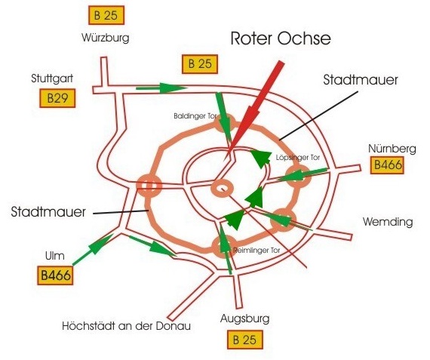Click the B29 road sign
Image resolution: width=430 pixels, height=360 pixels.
pyautogui.click(x=57, y=98)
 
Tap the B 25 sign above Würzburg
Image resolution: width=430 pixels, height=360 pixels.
pyautogui.click(x=106, y=15)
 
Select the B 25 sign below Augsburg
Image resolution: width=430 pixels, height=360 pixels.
pyautogui.click(x=245, y=340)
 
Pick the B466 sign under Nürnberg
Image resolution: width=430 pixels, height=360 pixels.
pyautogui.click(x=387, y=165)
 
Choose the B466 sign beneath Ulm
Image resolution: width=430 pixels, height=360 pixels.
pyautogui.click(x=55, y=275)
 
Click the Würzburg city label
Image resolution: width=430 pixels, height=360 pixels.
pyautogui.click(x=106, y=38)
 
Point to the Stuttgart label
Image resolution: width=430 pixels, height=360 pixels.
pyautogui.click(x=52, y=78)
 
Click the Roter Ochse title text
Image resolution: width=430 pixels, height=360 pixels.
pyautogui.click(x=281, y=38)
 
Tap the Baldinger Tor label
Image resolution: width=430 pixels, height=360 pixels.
pyautogui.click(x=195, y=116)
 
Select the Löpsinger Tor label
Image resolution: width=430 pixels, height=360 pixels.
pyautogui.click(x=298, y=158)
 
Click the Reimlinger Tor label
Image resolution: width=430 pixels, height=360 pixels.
pyautogui.click(x=256, y=251)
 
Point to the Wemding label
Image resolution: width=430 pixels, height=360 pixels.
pyautogui.click(x=388, y=222)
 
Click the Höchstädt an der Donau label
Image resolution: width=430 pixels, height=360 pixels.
pyautogui.click(x=127, y=326)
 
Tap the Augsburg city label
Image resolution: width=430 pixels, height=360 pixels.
pyautogui.click(x=245, y=318)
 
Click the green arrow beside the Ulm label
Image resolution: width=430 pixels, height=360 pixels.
pyautogui.click(x=94, y=249)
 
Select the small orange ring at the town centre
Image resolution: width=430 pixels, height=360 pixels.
pyautogui.click(x=222, y=189)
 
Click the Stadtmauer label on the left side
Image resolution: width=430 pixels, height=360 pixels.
pyautogui.click(x=48, y=212)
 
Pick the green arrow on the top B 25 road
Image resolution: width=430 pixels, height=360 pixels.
pyautogui.click(x=161, y=88)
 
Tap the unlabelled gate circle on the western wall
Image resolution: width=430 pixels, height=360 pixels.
pyautogui.click(x=149, y=186)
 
